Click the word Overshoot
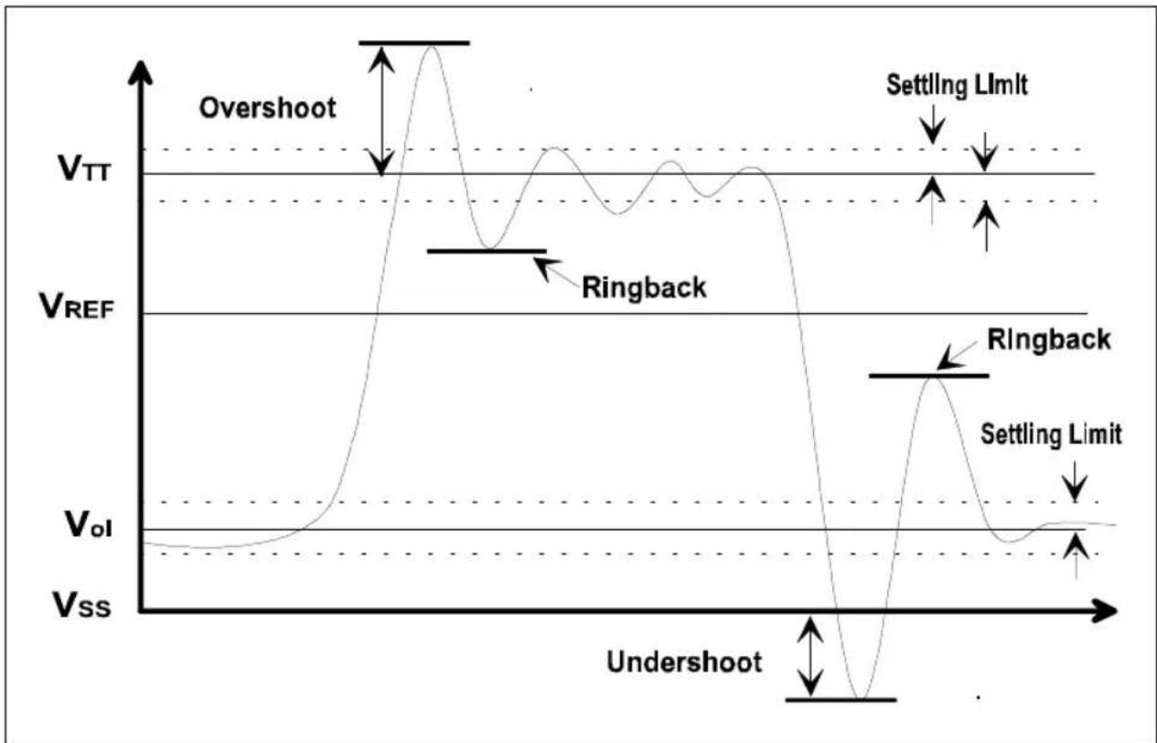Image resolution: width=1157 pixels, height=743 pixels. coord(268,109)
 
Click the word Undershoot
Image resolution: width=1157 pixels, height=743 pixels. coord(684,662)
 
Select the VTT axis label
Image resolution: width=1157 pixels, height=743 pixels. coord(84,168)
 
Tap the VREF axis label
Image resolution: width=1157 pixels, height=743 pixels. coord(77,306)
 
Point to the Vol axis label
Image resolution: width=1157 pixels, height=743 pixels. coord(89,524)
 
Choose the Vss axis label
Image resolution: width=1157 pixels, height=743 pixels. coord(81,605)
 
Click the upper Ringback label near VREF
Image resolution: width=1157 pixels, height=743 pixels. coord(644,287)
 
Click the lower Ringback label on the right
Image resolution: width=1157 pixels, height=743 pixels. coord(1049,339)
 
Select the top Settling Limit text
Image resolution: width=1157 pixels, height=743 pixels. coord(957,85)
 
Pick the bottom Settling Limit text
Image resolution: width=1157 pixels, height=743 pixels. coord(1051,434)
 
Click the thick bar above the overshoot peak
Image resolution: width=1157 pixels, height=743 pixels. coord(414,43)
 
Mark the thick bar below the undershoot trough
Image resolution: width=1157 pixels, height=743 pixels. coord(841,700)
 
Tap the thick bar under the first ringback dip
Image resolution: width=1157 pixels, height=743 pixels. coord(487,251)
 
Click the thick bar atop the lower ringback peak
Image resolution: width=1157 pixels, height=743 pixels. coord(929,376)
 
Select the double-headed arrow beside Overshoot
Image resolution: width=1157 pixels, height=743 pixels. coord(381,111)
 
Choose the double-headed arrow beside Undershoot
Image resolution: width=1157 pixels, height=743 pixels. coord(810,656)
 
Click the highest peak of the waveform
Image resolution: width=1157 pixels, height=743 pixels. coord(432,47)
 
